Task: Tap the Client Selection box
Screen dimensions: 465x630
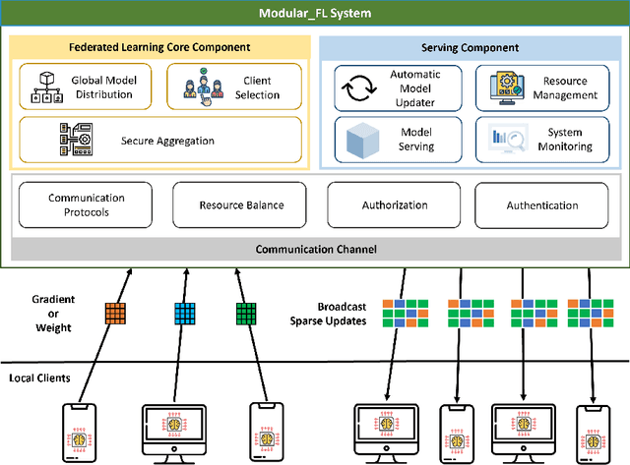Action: [233, 87]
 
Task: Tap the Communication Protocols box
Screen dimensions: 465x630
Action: [87, 205]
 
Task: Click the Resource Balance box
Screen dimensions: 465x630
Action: [241, 205]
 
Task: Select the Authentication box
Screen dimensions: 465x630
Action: [540, 205]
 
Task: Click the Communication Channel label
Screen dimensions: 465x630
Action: [315, 249]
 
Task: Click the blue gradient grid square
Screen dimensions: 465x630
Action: [185, 313]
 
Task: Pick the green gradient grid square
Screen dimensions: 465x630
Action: [245, 313]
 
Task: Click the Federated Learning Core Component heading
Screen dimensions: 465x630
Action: [160, 46]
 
